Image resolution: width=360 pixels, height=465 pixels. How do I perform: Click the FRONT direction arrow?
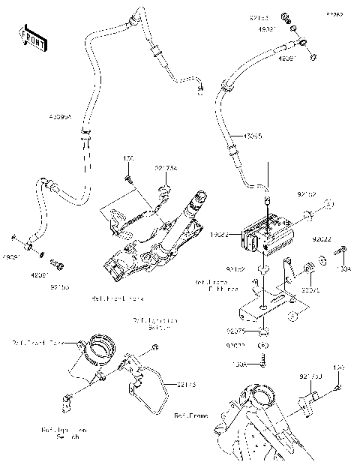pyautogui.click(x=31, y=37)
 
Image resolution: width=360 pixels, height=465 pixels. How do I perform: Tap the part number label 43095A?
pyautogui.click(x=61, y=118)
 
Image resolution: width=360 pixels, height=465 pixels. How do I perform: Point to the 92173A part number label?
pyautogui.click(x=166, y=169)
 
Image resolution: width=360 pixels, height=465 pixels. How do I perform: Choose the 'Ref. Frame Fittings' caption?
pyautogui.click(x=216, y=285)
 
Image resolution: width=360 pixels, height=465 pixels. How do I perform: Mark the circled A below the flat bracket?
pyautogui.click(x=263, y=346)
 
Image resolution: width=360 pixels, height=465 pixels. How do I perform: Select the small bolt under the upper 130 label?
pyautogui.click(x=128, y=178)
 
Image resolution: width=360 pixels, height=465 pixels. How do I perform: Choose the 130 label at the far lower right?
pyautogui.click(x=338, y=368)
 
